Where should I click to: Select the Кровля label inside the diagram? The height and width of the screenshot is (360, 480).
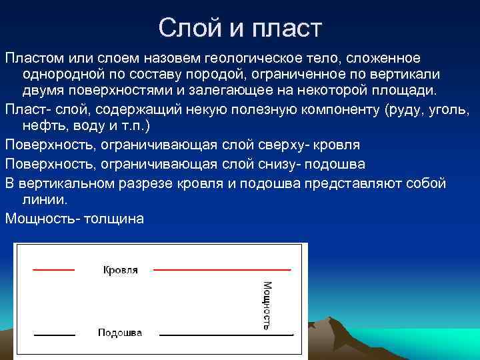point(121,270)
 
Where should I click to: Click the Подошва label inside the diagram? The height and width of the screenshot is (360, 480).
point(119,332)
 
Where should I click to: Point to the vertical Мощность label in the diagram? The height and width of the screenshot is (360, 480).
point(266,305)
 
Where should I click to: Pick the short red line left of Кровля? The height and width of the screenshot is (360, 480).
point(53,269)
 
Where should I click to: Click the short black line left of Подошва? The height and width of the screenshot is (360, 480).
point(53,333)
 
